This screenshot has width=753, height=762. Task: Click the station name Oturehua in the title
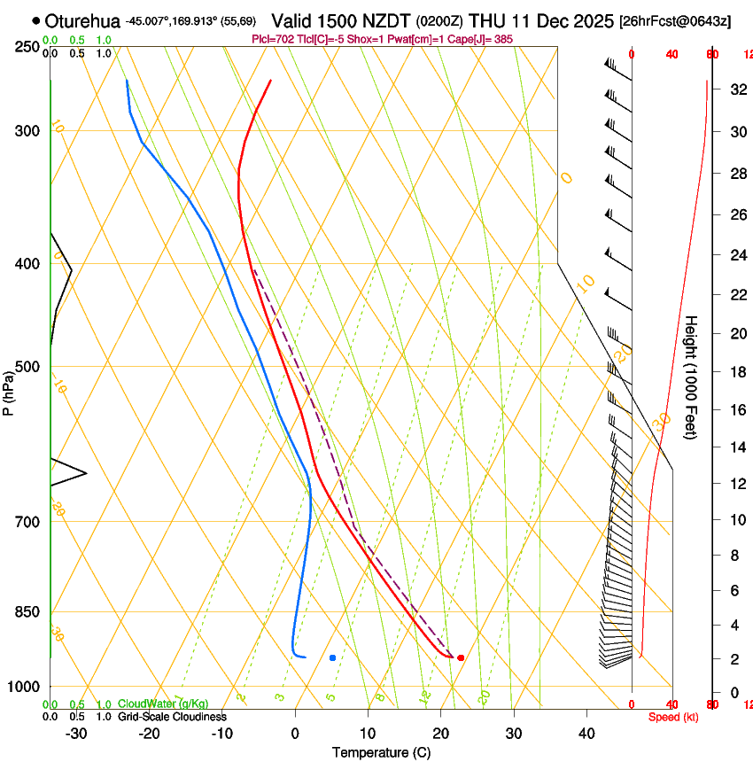[82, 20]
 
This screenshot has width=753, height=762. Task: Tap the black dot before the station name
[35, 20]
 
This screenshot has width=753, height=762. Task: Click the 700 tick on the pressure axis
[27, 522]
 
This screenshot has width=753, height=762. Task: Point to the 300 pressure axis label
[27, 131]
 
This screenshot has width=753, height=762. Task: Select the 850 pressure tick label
[27, 612]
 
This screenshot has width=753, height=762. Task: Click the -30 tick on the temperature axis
[76, 734]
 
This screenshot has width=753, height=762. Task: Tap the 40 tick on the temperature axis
[586, 734]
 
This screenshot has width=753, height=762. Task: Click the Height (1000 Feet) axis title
[691, 377]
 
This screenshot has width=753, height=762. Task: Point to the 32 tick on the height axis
[735, 89]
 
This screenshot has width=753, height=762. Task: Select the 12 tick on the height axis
[735, 483]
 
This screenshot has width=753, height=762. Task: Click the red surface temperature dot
[461, 657]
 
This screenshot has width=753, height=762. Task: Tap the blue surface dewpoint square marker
[332, 657]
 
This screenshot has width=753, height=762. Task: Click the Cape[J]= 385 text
[487, 40]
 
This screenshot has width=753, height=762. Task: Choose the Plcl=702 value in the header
[271, 40]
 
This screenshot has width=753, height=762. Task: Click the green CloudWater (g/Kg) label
[163, 704]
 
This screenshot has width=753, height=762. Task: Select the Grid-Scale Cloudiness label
[172, 717]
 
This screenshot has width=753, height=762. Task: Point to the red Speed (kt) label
[673, 717]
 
